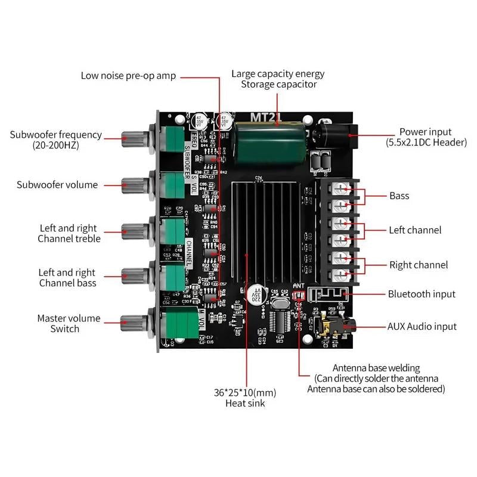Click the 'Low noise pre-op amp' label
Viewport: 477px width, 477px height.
click(x=128, y=76)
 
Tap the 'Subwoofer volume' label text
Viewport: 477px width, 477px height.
click(x=57, y=185)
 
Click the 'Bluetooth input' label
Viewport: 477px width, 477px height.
click(x=422, y=294)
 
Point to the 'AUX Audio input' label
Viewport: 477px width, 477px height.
click(x=422, y=326)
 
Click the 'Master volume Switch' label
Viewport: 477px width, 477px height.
click(x=69, y=324)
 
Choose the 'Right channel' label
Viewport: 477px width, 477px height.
click(x=418, y=265)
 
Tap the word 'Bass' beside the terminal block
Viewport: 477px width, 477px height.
click(x=399, y=196)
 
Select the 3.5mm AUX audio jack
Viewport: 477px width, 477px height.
click(x=337, y=326)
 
